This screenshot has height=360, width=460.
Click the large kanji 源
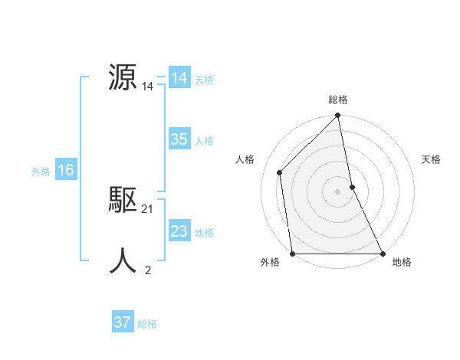coord(123,77)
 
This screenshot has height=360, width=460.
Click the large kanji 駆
coord(123,200)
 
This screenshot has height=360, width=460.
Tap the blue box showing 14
coord(179,79)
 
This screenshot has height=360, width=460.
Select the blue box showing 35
coord(179,139)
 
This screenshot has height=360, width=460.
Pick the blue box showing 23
coord(179,231)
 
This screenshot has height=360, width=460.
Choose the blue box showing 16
coord(65,170)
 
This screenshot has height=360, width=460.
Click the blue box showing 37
coord(122,322)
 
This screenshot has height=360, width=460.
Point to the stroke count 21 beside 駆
coord(148,209)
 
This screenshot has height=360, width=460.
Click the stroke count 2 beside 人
coord(148,270)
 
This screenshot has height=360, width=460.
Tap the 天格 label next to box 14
coord(204,80)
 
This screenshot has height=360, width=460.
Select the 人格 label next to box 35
coord(204,141)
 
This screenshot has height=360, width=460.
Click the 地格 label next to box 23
coord(204,233)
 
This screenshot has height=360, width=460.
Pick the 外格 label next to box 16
coord(41,172)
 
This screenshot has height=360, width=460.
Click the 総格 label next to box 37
coord(147,324)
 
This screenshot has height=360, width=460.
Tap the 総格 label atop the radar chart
coord(338,100)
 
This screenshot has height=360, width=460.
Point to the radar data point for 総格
coord(338,116)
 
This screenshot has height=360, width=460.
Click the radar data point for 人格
coord(280,172)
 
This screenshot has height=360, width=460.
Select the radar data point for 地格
coord(382,253)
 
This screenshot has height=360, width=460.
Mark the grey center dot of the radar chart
coord(338,191)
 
